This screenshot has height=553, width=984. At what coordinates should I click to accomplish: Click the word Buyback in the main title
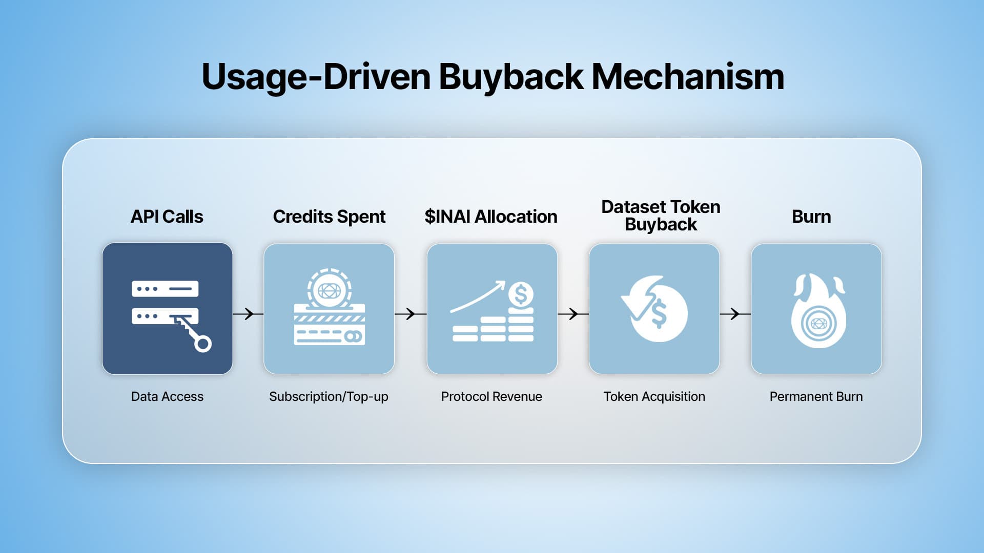(510, 77)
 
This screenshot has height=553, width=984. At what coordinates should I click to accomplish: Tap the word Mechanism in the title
(688, 77)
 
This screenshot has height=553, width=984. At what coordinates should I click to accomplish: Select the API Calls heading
(167, 217)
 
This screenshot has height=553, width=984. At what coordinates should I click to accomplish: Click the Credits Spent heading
(329, 217)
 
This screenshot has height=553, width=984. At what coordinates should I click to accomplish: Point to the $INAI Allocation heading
(491, 217)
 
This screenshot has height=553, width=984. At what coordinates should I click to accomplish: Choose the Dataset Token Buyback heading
(661, 216)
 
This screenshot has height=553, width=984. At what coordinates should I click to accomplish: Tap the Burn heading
(811, 217)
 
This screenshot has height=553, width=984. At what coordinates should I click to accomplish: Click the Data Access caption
(167, 396)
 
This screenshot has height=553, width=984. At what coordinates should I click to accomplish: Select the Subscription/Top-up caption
(329, 396)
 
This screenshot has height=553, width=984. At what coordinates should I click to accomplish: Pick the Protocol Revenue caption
(491, 396)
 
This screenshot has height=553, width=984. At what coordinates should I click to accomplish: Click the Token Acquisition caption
(654, 396)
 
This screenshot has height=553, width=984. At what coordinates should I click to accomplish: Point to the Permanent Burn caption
(816, 396)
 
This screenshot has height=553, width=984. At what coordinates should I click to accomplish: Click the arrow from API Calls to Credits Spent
(248, 313)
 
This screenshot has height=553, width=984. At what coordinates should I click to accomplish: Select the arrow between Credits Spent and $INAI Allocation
(410, 313)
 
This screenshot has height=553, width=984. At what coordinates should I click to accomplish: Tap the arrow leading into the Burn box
(735, 313)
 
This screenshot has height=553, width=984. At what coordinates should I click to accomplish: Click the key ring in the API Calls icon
(203, 344)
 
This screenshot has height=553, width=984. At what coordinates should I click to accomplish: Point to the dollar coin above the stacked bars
(521, 294)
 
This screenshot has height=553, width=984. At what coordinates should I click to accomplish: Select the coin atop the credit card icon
(329, 290)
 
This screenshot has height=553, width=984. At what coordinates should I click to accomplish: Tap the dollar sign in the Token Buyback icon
(659, 313)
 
